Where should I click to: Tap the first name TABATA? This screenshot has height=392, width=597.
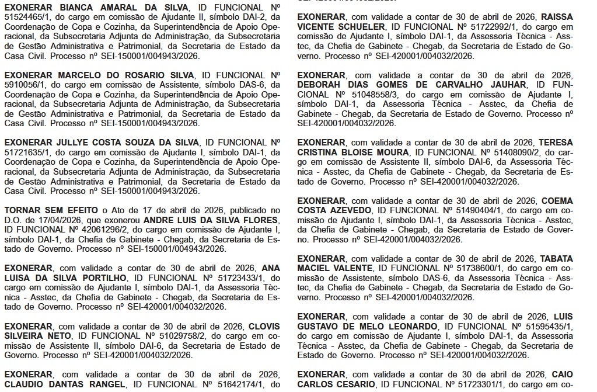(x=556, y=258)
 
